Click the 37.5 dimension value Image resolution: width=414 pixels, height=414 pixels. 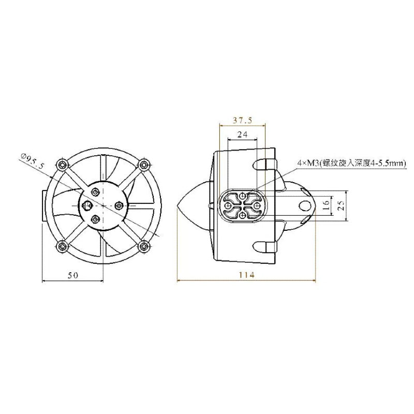242,121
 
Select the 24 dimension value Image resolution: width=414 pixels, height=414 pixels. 242,135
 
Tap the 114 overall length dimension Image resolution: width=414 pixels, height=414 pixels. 247,276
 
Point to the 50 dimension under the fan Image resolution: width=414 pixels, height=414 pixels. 73,276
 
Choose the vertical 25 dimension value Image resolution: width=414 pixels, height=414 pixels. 341,205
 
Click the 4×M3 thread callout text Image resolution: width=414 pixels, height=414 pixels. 351,163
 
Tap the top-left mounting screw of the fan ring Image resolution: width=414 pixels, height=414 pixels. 63,165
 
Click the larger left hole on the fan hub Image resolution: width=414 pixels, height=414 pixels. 86,205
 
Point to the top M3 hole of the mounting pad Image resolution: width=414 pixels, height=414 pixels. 243,195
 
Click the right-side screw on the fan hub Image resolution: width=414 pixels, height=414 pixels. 119,205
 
